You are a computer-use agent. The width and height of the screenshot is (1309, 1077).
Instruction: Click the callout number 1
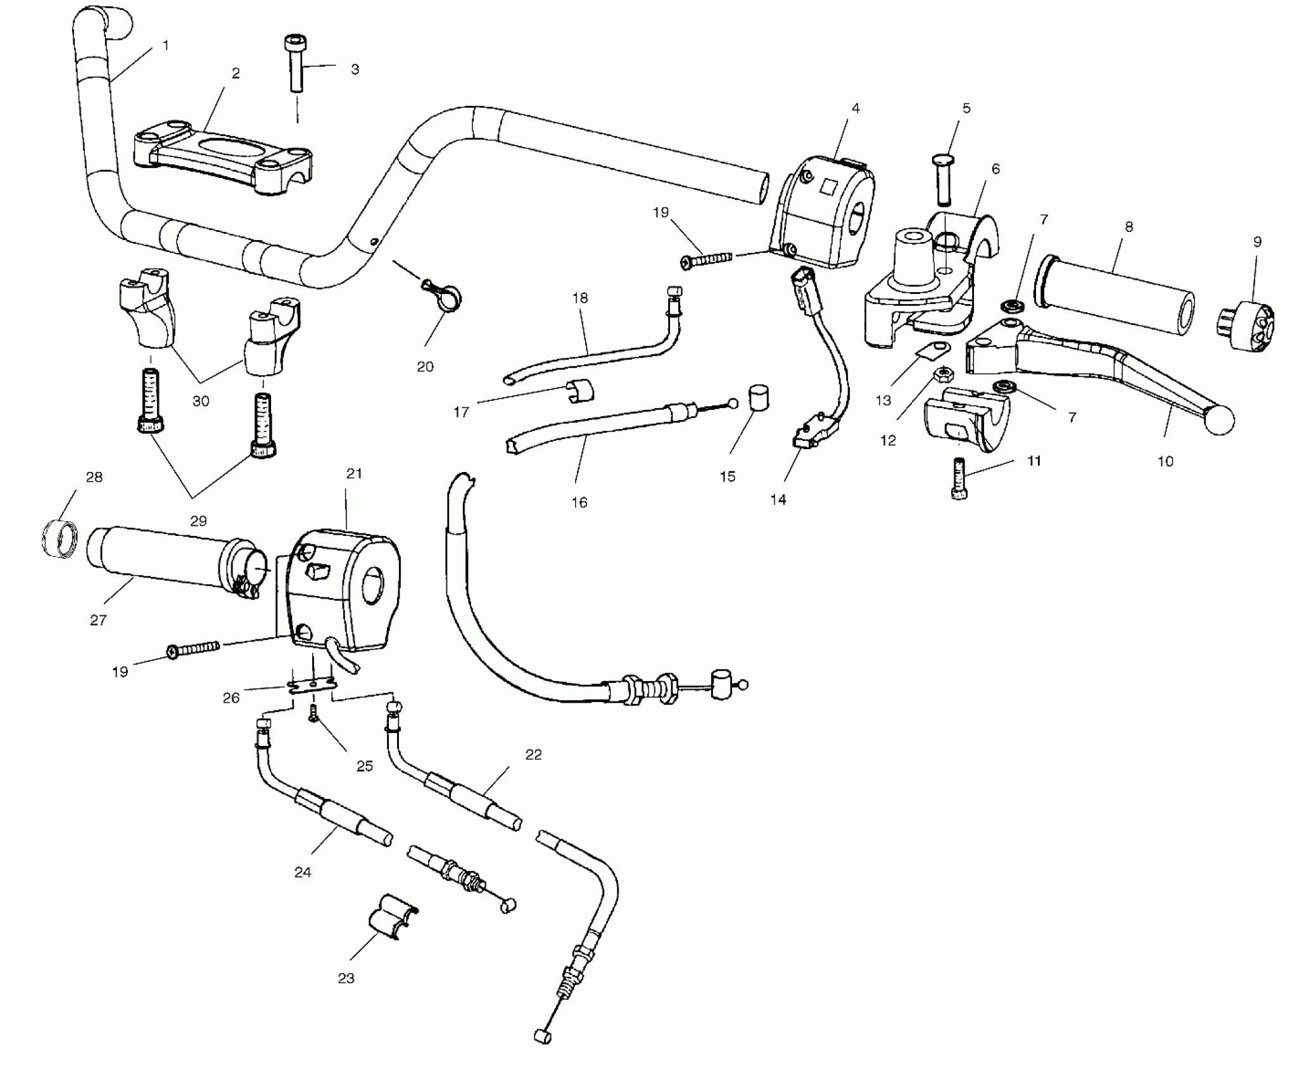[x=166, y=46]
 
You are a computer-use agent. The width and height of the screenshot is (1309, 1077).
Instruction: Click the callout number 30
[x=201, y=401]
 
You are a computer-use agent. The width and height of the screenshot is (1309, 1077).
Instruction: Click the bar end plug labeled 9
[x=1246, y=326]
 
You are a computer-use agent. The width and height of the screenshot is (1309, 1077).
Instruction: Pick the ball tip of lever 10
[x=1220, y=420]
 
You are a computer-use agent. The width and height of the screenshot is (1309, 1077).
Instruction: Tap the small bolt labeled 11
[x=959, y=480]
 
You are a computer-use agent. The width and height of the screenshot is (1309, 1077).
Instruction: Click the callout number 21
[x=353, y=473]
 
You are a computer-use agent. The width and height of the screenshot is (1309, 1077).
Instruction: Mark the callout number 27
[x=98, y=620]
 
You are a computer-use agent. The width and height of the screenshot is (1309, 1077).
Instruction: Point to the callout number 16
[x=579, y=502]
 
